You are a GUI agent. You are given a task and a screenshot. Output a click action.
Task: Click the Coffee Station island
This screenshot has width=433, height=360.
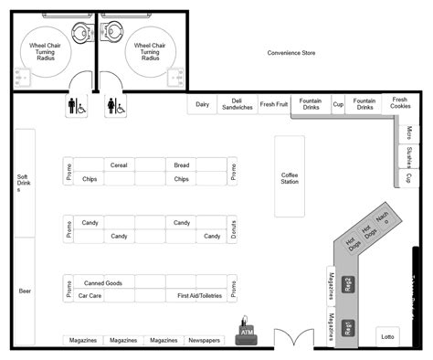coord(290,176)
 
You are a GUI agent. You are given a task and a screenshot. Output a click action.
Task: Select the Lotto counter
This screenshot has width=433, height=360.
coord(388,337)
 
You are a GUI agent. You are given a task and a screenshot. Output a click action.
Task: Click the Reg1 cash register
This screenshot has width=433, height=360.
coord(348,327)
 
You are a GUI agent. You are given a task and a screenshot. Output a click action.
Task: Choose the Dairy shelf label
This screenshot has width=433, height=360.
coord(202,105)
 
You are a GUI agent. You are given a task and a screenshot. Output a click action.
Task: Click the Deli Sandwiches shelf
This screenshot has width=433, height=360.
coord(237,105)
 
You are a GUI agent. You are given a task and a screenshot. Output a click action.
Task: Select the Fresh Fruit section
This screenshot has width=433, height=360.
coord(273,105)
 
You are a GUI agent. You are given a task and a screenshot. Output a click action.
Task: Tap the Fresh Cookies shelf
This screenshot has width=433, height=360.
coord(400,103)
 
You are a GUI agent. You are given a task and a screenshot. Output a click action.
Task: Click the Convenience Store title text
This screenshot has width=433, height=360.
coord(291,54)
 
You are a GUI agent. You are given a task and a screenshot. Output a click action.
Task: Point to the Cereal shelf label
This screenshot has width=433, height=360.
coord(118,165)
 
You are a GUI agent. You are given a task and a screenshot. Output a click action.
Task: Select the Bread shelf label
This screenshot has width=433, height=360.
coord(182,165)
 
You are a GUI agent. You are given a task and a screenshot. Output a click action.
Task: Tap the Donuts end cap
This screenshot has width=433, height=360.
coord(234,230)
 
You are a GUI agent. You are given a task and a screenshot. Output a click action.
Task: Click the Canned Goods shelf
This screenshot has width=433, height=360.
coord(102,283)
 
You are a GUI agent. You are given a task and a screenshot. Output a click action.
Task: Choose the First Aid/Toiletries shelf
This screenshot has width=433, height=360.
coord(199,296)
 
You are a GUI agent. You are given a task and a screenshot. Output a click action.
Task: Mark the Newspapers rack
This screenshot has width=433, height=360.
coord(204,340)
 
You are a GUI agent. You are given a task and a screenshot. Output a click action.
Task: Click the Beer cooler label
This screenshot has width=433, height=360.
coord(25,291)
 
